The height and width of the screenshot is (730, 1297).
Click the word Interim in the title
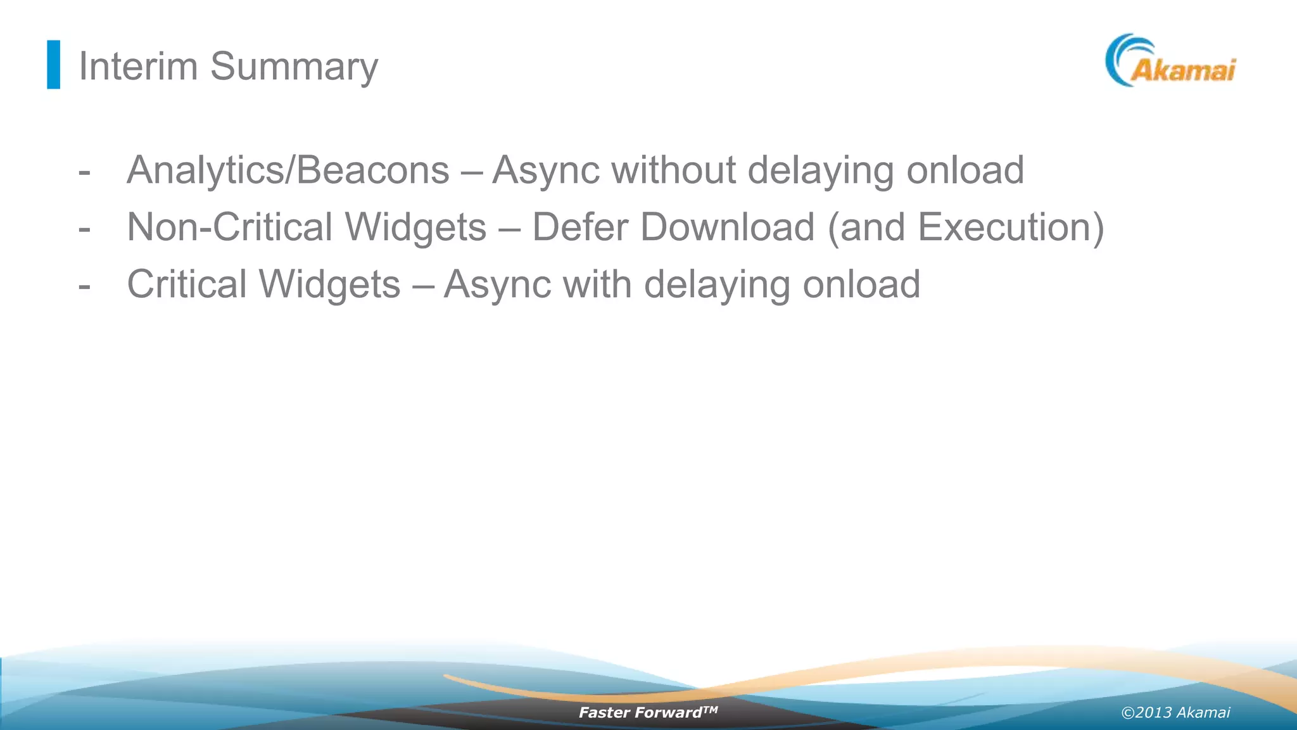tap(138, 66)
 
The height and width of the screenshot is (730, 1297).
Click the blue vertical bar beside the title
tap(54, 65)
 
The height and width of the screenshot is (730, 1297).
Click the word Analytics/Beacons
tap(288, 170)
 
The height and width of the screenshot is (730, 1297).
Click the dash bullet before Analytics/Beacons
tap(84, 172)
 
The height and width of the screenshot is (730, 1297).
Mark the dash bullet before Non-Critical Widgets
tap(84, 229)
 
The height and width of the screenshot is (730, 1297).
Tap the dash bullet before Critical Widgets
tap(84, 286)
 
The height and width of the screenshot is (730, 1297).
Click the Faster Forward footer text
tap(648, 712)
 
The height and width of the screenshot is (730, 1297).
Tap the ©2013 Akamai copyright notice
tap(1175, 713)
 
